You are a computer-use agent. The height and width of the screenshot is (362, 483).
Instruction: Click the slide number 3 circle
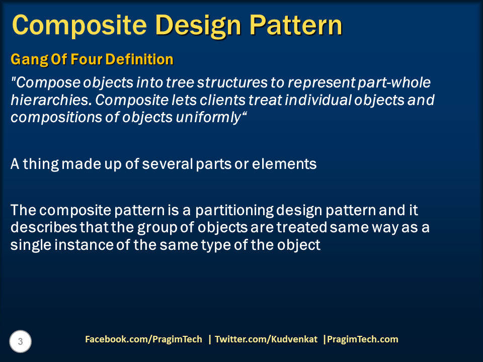[x=21, y=342]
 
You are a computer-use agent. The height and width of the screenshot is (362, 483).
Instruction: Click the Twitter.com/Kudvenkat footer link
[x=266, y=339]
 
